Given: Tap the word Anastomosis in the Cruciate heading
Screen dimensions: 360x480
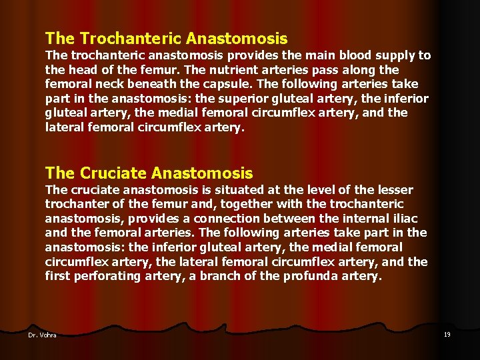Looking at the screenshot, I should [x=203, y=173].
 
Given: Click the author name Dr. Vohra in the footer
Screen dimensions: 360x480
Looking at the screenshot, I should [x=42, y=335].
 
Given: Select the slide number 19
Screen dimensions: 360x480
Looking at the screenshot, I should [x=447, y=334].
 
